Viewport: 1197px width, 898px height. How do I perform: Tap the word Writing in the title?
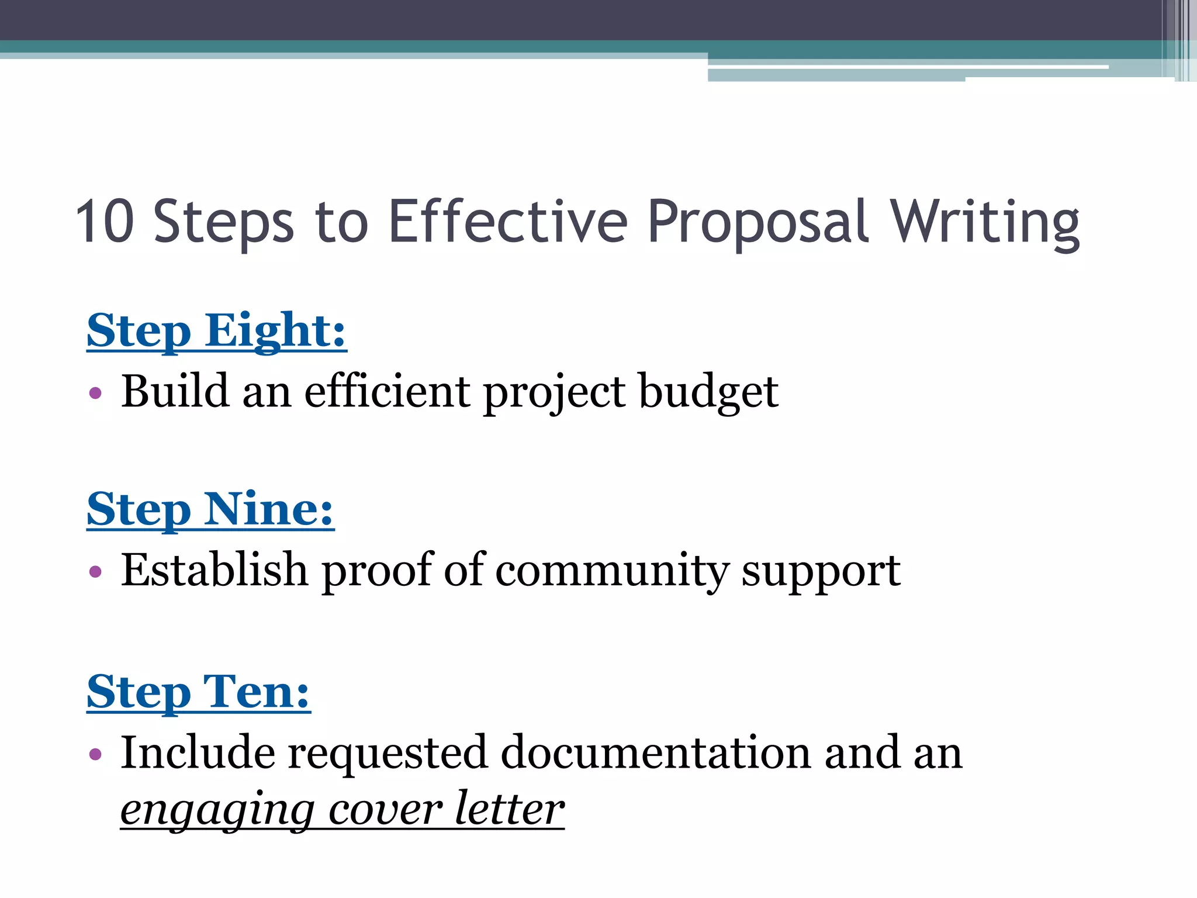point(984,222)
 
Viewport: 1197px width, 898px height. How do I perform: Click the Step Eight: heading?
point(216,331)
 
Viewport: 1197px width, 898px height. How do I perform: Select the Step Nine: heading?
point(210,510)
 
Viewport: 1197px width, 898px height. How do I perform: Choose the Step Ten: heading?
point(198,692)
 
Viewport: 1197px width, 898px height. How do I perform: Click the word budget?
point(708,392)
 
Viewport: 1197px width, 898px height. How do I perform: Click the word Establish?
point(214,569)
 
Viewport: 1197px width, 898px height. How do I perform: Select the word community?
point(611,571)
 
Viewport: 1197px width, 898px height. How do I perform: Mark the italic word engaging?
point(217,810)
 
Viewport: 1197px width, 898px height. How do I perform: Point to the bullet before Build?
point(95,392)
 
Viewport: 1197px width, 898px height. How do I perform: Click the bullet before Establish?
point(95,571)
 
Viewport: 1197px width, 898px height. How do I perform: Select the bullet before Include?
point(95,754)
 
